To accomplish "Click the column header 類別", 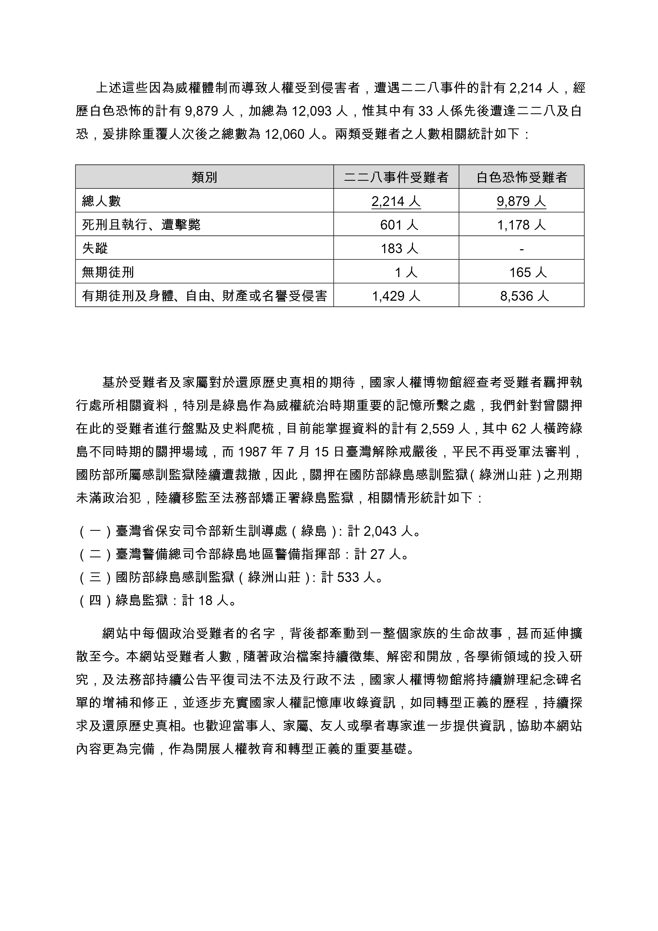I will (x=204, y=177).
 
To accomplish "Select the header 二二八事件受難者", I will (x=396, y=177).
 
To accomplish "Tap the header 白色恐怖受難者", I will (x=521, y=177).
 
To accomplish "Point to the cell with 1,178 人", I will (x=521, y=225).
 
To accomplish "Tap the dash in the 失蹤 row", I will (x=521, y=248).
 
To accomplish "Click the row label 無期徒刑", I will (x=108, y=272).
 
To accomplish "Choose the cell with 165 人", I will (x=528, y=272).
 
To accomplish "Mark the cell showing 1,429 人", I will (x=396, y=296).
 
